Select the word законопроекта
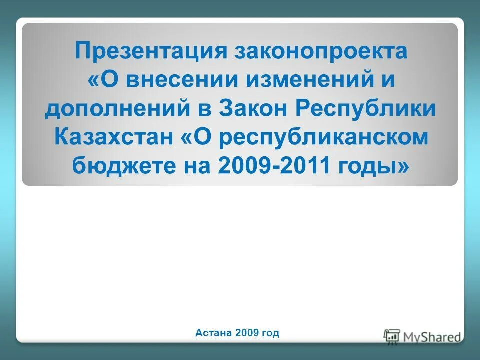point(320,51)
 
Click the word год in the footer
point(270,332)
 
